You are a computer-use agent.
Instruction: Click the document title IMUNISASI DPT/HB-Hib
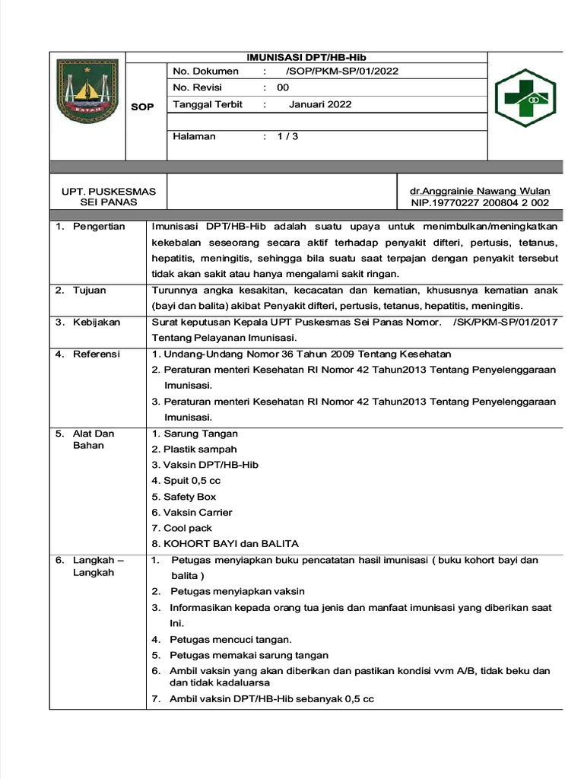pyautogui.click(x=306, y=58)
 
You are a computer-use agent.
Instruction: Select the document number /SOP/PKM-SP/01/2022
pyautogui.click(x=341, y=72)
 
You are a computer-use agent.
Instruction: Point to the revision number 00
pyautogui.click(x=283, y=87)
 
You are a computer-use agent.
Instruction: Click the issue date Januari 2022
pyautogui.click(x=320, y=104)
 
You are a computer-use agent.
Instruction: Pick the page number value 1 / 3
pyautogui.click(x=287, y=136)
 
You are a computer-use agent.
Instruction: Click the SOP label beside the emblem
pyautogui.click(x=142, y=107)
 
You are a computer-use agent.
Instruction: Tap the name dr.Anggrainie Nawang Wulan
pyautogui.click(x=480, y=191)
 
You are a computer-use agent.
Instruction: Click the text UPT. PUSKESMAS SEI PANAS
pyautogui.click(x=108, y=197)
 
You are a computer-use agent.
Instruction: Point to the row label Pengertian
pyautogui.click(x=98, y=227)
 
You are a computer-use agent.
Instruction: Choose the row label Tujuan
pyautogui.click(x=89, y=290)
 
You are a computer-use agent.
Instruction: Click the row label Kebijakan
pyautogui.click(x=96, y=322)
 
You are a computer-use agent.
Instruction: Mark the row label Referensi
pyautogui.click(x=96, y=354)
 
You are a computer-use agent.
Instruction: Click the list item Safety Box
pyautogui.click(x=189, y=497)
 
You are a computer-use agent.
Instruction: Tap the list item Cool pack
pyautogui.click(x=187, y=528)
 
